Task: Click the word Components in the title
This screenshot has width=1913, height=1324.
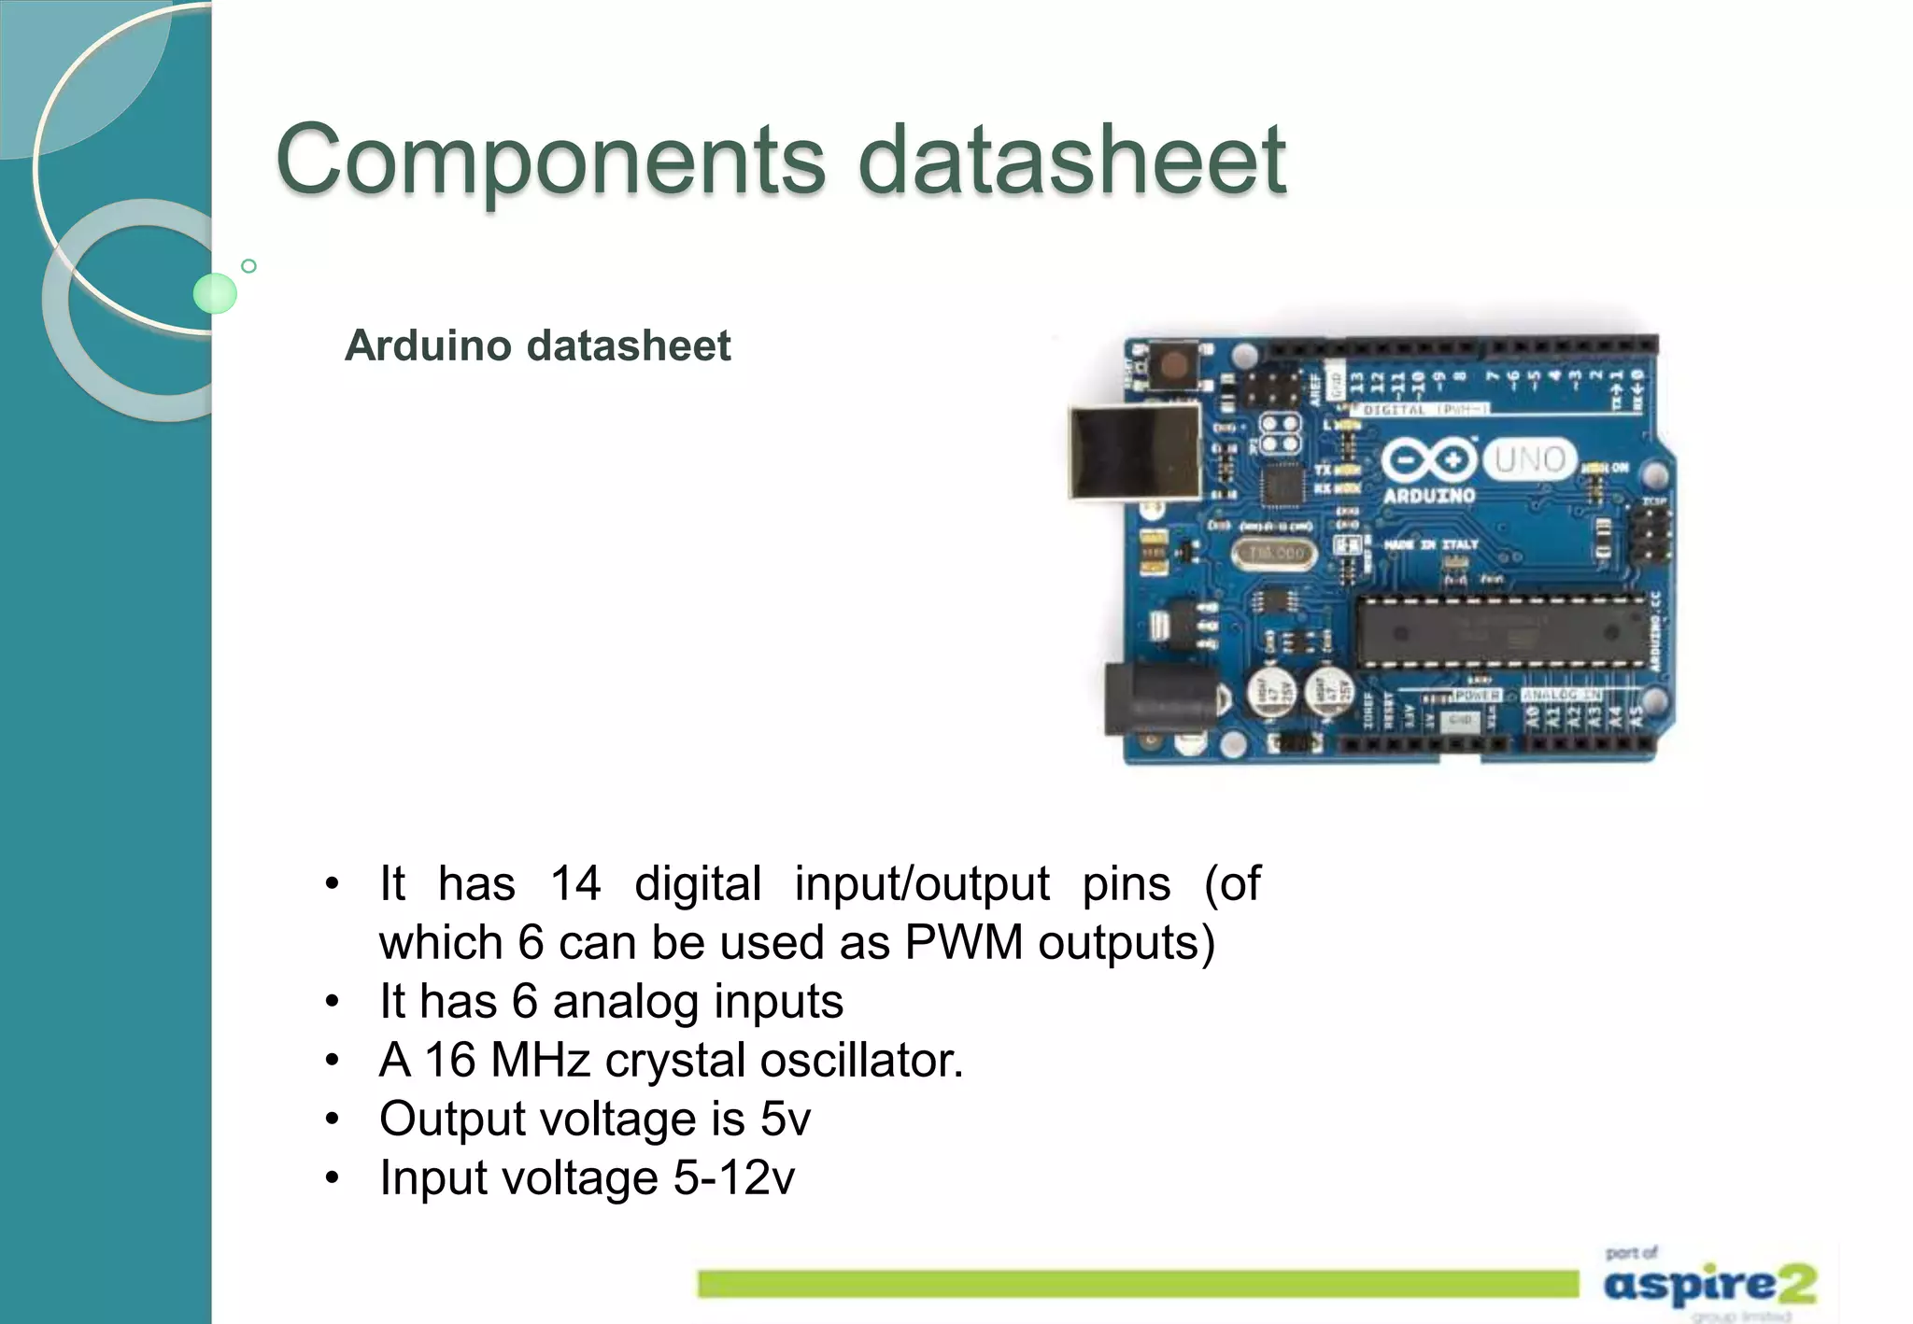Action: pos(551,161)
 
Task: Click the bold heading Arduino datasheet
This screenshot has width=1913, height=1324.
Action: pos(537,345)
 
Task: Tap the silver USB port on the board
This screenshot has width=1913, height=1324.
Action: pos(1134,452)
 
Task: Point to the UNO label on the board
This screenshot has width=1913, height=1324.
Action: pos(1529,459)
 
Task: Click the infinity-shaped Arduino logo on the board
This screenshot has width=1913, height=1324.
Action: pos(1429,459)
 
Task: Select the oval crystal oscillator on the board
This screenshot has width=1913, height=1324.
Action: pos(1276,554)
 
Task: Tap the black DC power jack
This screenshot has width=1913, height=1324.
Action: pos(1158,698)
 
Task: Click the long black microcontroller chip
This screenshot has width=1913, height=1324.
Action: pos(1499,632)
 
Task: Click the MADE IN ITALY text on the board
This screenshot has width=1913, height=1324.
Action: pos(1431,544)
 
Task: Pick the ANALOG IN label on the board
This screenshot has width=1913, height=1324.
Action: pos(1563,696)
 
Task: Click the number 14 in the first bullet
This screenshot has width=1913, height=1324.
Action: pos(574,883)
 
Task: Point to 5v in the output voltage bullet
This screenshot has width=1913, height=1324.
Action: pos(785,1119)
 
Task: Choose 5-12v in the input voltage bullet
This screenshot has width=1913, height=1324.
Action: pos(734,1177)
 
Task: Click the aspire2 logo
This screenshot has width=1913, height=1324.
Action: pos(1709,1285)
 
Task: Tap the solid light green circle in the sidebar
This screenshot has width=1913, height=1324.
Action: pos(215,293)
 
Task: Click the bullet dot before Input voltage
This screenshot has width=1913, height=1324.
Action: pos(332,1177)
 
